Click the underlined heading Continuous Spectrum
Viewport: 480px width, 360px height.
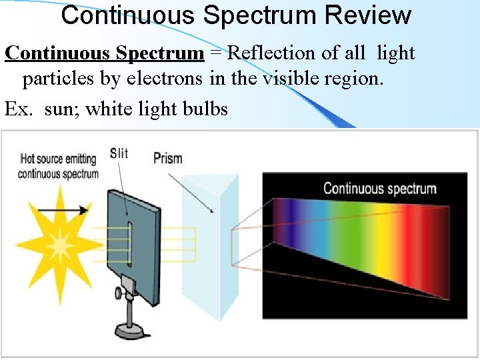[104, 53]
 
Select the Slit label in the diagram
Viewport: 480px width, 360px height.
[119, 153]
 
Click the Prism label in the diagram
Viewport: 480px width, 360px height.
[167, 159]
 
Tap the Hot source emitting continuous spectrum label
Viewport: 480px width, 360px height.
[59, 166]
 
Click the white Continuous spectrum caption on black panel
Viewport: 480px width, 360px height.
[379, 189]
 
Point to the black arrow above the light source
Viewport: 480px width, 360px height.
[63, 210]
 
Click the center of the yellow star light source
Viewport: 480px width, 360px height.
[60, 245]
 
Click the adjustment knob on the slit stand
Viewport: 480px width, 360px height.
[119, 292]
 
